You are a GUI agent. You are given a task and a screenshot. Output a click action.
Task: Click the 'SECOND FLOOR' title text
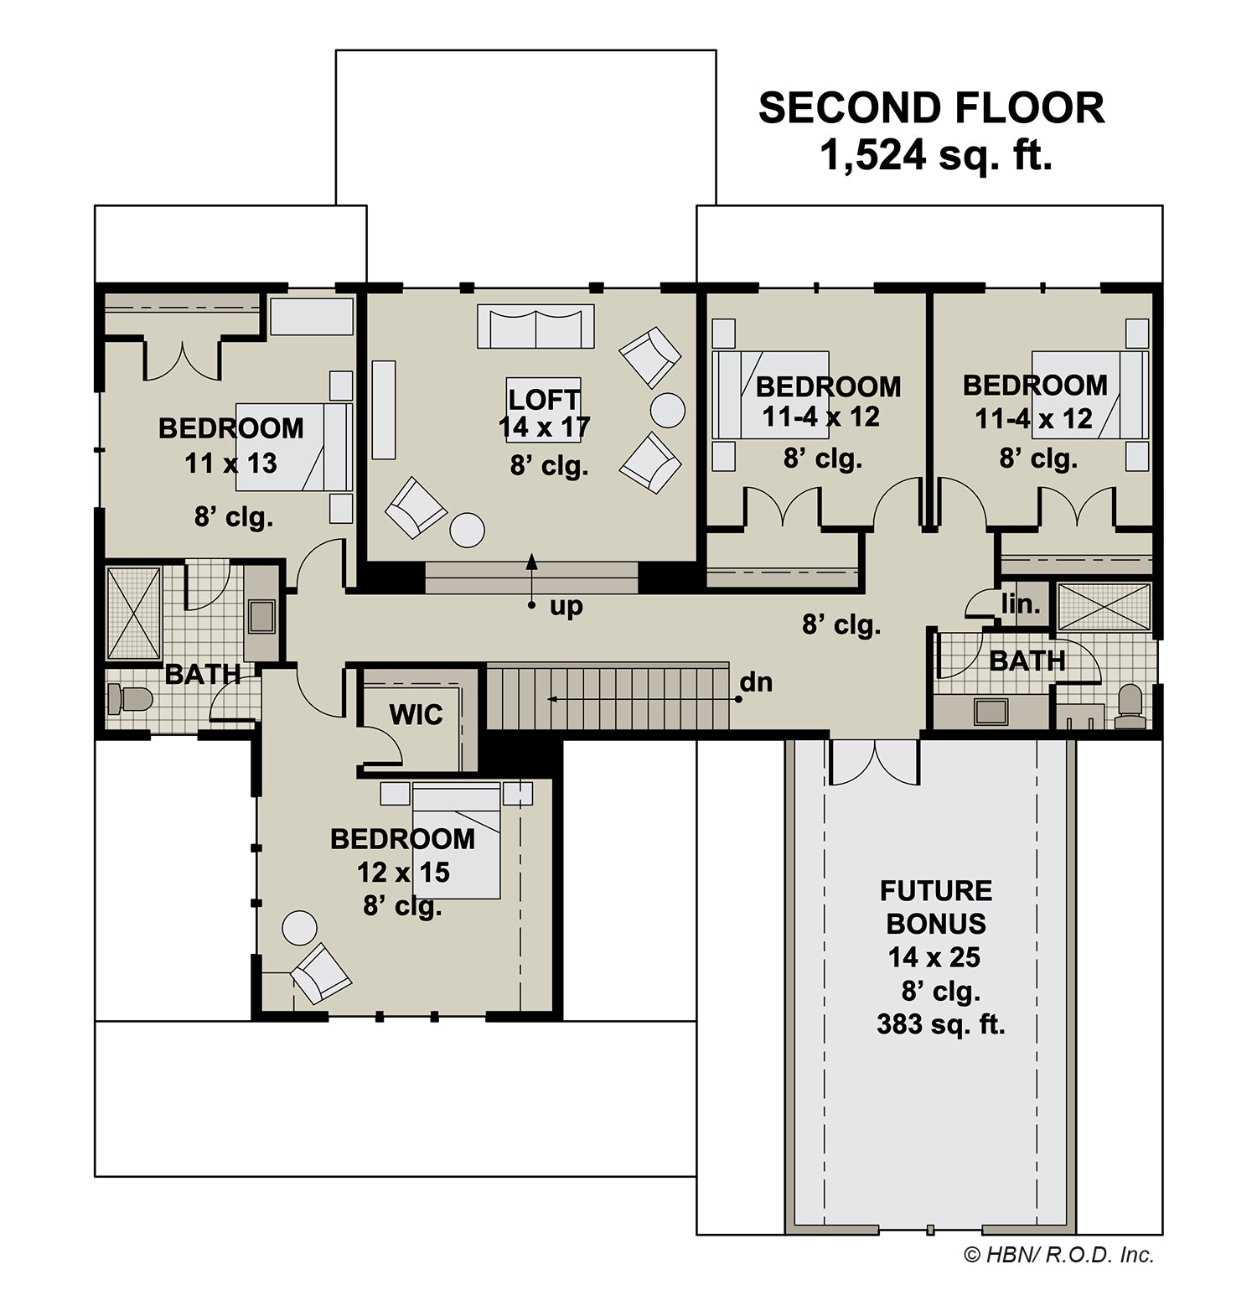[x=931, y=108]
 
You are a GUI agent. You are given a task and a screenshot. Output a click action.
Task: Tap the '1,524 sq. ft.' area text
[x=936, y=155]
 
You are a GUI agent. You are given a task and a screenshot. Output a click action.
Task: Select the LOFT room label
[x=544, y=400]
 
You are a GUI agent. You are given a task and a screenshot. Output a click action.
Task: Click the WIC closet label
[x=416, y=715]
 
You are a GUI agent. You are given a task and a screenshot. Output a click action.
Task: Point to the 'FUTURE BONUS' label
[x=936, y=907]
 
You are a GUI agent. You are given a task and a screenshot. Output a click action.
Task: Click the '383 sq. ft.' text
[x=941, y=1024]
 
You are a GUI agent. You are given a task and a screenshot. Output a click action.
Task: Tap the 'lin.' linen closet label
[x=1021, y=603]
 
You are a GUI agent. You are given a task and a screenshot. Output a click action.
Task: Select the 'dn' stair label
[x=756, y=682]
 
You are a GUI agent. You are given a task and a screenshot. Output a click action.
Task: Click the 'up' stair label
[x=566, y=606]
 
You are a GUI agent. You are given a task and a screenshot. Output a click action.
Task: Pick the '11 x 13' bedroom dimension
[x=231, y=464]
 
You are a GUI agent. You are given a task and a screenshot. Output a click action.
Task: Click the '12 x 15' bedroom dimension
[x=404, y=873]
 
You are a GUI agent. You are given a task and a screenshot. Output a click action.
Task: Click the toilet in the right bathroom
[x=1130, y=706]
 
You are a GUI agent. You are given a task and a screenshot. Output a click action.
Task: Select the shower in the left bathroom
[x=133, y=614]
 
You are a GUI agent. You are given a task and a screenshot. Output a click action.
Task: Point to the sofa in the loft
[x=535, y=326]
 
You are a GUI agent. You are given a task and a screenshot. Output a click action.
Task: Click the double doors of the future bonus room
[x=875, y=761]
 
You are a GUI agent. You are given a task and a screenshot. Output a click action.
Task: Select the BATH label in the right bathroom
[x=1027, y=661]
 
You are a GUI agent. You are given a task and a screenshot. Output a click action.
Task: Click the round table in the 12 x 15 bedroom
[x=299, y=928]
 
